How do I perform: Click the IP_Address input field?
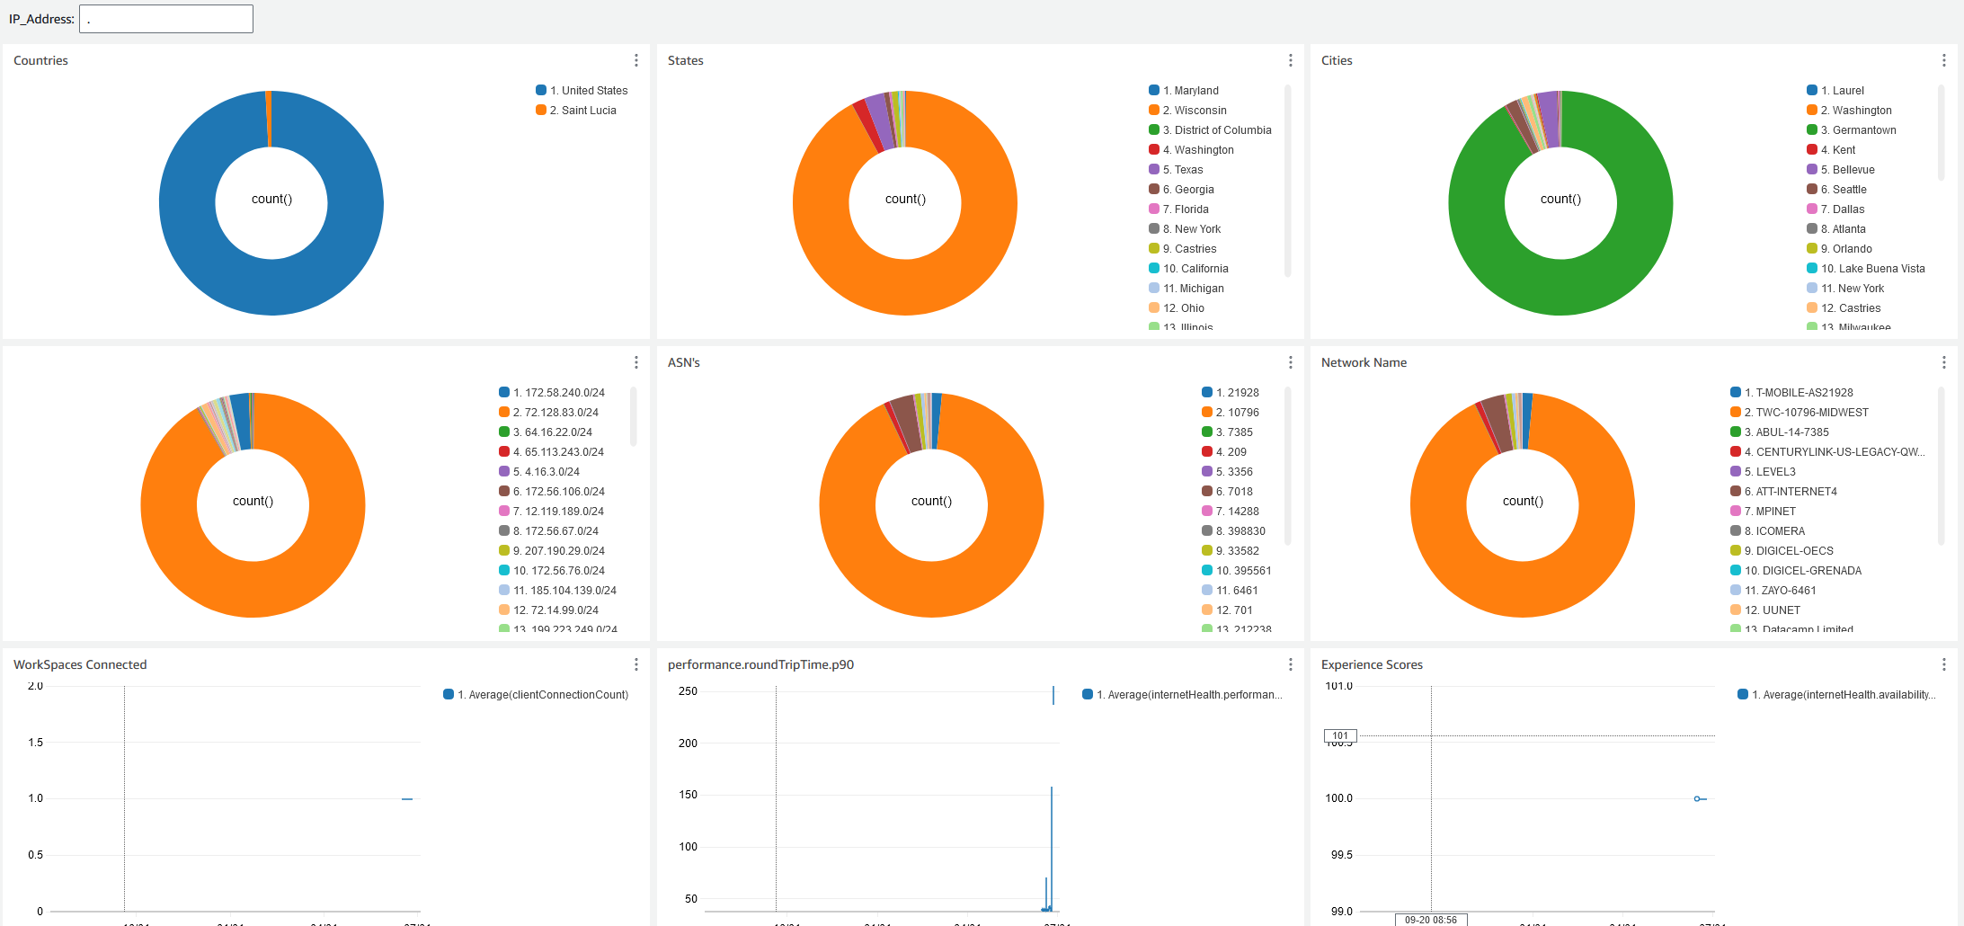coord(166,19)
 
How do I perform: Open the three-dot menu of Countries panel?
coord(636,60)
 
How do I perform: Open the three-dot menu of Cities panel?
coord(1944,60)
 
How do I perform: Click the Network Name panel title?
coord(1364,362)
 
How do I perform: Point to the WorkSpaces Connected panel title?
coord(80,664)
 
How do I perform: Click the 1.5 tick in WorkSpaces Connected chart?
coord(36,743)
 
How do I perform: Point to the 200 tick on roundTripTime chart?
coord(688,743)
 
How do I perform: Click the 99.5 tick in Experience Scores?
coord(1341,855)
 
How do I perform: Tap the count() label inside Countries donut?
coord(271,199)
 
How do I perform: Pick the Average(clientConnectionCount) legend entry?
coord(547,695)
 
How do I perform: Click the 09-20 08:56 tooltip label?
coord(1431,920)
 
